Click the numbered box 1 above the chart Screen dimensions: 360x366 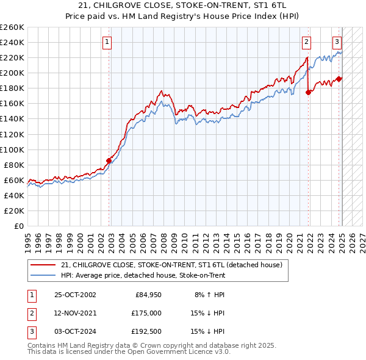click(x=107, y=42)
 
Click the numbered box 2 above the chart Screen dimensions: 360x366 click(x=306, y=42)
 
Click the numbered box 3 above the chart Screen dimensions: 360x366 click(x=337, y=42)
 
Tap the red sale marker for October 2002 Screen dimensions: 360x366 click(x=109, y=160)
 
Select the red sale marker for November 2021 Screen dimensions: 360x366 click(x=309, y=92)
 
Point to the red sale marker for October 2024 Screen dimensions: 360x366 click(x=339, y=78)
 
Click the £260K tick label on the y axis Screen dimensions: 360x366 click(x=12, y=27)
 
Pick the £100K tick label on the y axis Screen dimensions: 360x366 click(x=12, y=149)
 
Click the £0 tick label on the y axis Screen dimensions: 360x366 click(x=18, y=226)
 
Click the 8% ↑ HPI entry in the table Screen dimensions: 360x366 click(x=207, y=296)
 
